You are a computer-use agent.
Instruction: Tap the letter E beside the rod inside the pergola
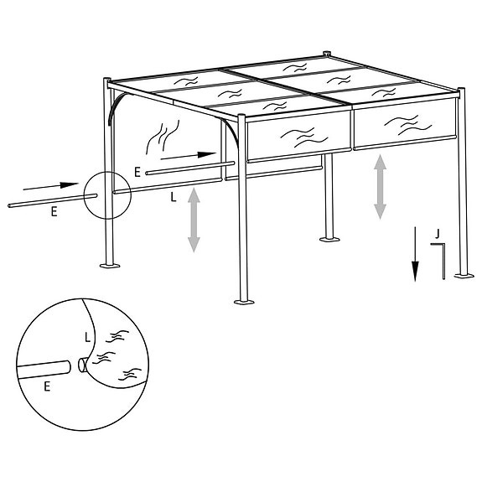[x=137, y=172]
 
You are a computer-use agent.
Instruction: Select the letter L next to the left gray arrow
[x=172, y=198]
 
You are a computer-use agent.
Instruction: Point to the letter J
[x=438, y=232]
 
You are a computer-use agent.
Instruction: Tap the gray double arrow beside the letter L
[x=194, y=220]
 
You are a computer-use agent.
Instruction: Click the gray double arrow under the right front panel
[x=380, y=187]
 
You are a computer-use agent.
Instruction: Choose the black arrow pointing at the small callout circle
[x=54, y=184]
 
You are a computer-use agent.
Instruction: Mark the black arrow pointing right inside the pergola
[x=189, y=155]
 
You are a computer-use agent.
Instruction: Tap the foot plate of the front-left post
[x=109, y=267]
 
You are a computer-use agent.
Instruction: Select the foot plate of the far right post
[x=461, y=275]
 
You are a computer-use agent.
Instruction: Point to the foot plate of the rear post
[x=328, y=240]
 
